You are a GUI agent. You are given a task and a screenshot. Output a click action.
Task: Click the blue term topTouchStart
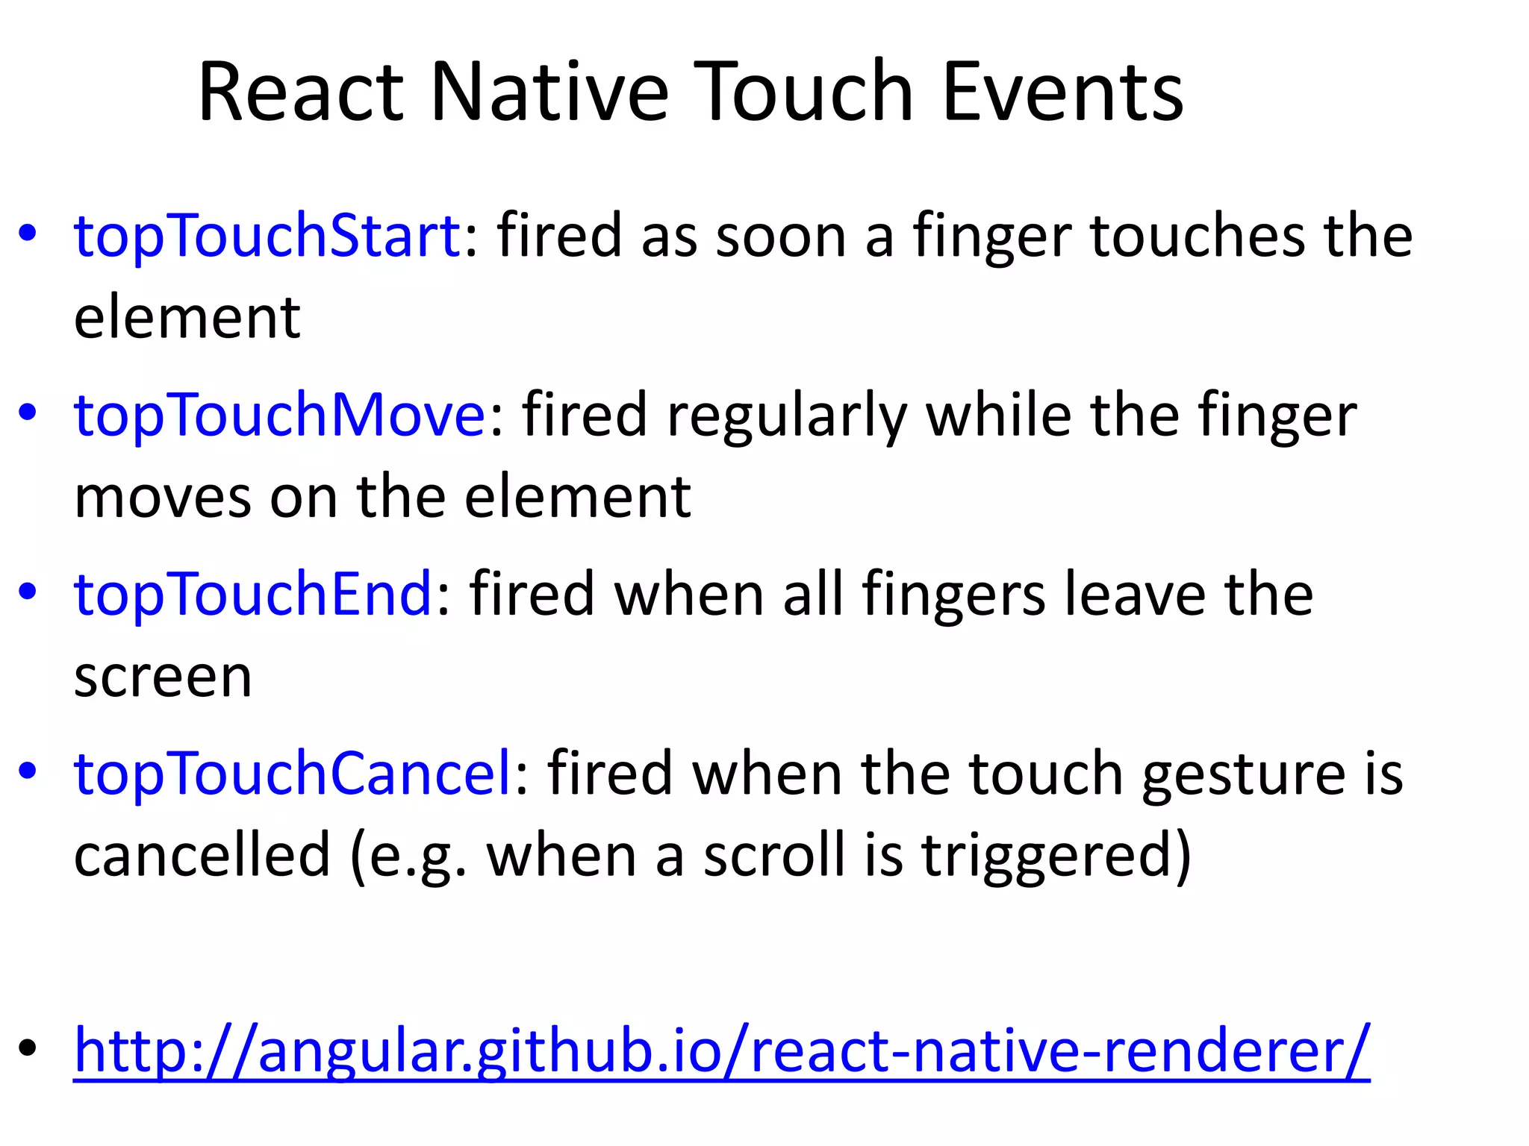click(x=267, y=237)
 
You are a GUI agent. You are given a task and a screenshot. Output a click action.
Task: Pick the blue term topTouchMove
click(x=280, y=416)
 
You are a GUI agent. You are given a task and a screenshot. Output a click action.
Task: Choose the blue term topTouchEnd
click(x=253, y=595)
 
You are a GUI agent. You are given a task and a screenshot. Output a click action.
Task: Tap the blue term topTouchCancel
click(x=293, y=774)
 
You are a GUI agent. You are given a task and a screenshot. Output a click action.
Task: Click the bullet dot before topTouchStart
click(x=28, y=233)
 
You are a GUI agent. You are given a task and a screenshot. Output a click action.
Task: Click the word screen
click(x=163, y=677)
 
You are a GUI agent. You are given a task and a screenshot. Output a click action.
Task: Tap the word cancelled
click(x=202, y=855)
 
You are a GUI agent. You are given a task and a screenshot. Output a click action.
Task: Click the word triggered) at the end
click(x=1056, y=855)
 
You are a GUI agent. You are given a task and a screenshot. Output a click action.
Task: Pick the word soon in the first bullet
click(x=780, y=237)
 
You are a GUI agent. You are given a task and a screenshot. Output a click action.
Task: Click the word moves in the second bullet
click(x=163, y=498)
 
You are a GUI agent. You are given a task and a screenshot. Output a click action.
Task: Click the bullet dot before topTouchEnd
click(x=28, y=591)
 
